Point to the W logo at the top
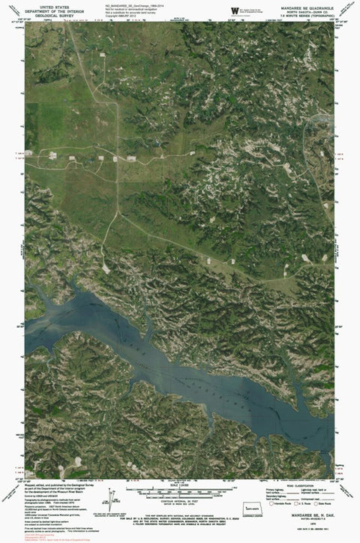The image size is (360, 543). coord(235,10)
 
